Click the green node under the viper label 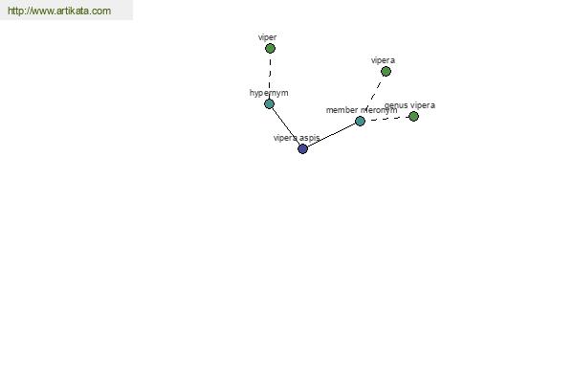(270, 48)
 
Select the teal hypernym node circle (269, 103)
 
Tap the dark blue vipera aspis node (302, 148)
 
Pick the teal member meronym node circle (360, 121)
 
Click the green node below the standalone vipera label (386, 71)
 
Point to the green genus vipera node (413, 116)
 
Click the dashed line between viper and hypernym (270, 76)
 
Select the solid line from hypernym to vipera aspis (285, 125)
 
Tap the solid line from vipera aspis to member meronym (331, 135)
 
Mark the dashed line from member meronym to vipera (373, 95)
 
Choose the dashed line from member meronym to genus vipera (386, 119)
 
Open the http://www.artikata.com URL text (59, 11)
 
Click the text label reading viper (267, 37)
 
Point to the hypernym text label (269, 93)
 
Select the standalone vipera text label (383, 60)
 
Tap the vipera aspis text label (297, 138)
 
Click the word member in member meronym (342, 110)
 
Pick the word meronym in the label (379, 110)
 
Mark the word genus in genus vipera (396, 105)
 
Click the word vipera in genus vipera (423, 105)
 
